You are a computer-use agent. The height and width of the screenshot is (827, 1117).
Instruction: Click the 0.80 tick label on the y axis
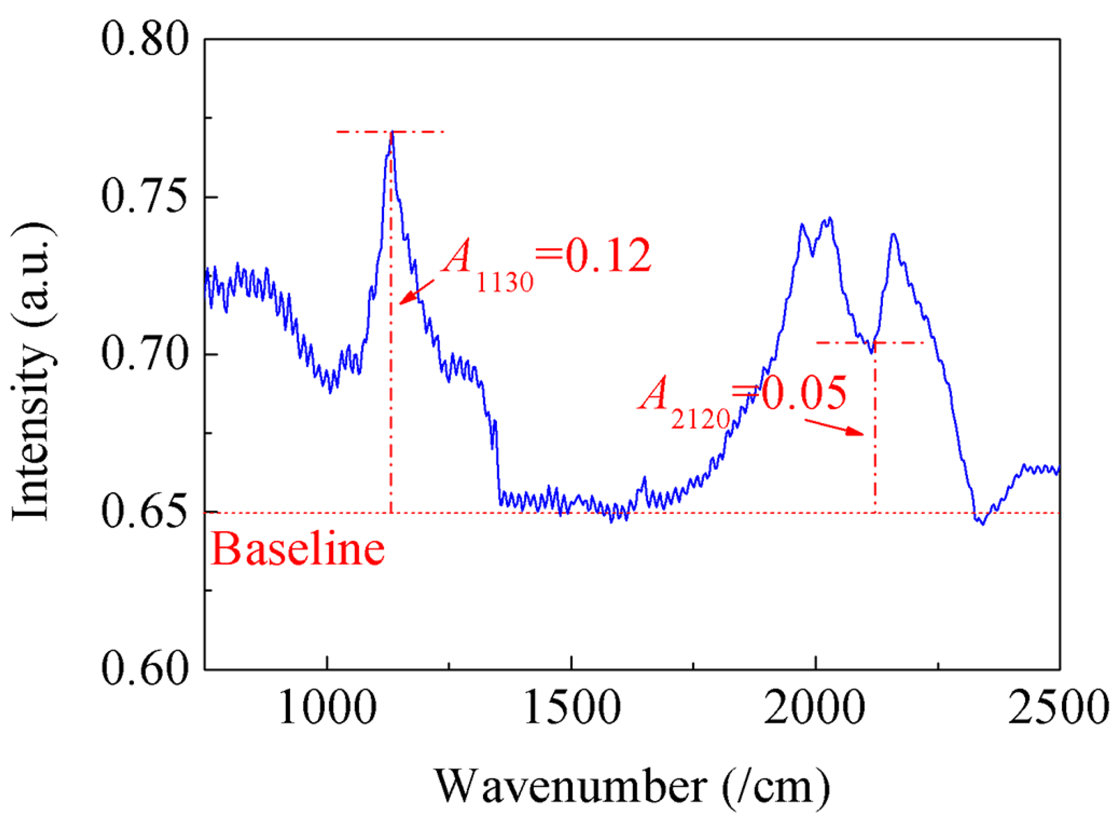145,40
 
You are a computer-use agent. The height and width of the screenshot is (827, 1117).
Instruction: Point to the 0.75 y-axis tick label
145,198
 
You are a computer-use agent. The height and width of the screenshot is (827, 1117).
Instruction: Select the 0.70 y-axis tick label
145,355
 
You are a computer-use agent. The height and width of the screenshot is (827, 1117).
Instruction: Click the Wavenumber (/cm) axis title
633,786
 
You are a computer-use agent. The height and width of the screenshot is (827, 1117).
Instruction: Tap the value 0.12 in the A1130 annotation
608,255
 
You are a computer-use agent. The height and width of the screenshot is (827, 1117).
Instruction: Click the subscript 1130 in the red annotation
504,282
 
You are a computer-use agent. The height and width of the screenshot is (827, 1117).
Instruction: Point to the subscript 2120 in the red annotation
701,419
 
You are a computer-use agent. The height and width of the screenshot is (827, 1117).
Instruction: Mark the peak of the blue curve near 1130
392,133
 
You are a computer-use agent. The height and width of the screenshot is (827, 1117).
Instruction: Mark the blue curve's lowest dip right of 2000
983,524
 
